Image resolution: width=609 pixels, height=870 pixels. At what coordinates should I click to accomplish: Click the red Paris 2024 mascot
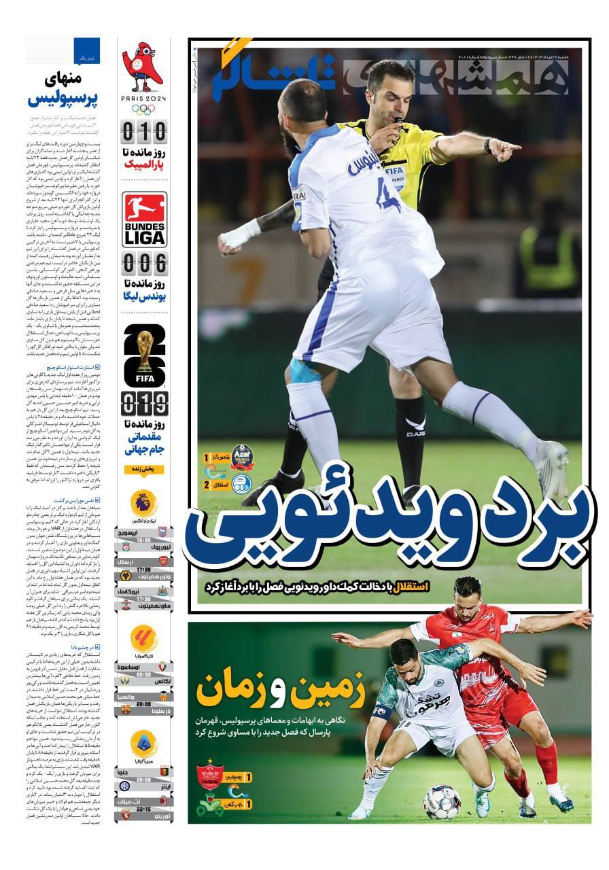[143, 67]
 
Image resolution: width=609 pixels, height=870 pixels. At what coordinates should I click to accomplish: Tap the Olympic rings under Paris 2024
[143, 109]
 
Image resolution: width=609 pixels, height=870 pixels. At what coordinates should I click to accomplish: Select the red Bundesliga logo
[143, 209]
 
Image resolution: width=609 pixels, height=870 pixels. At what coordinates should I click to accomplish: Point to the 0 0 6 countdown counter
[143, 264]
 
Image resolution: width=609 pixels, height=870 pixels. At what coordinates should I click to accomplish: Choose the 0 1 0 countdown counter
[143, 130]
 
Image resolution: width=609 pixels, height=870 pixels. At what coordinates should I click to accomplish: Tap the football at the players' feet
[442, 802]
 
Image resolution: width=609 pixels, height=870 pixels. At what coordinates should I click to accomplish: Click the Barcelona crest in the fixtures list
[163, 710]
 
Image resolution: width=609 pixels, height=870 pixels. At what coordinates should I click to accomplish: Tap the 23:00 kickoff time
[143, 704]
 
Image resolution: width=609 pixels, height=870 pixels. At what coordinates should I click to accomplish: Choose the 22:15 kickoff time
[143, 809]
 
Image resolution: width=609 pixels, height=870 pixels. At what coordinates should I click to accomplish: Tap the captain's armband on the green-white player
[381, 712]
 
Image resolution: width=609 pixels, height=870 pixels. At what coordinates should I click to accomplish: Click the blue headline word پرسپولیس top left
[63, 100]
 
